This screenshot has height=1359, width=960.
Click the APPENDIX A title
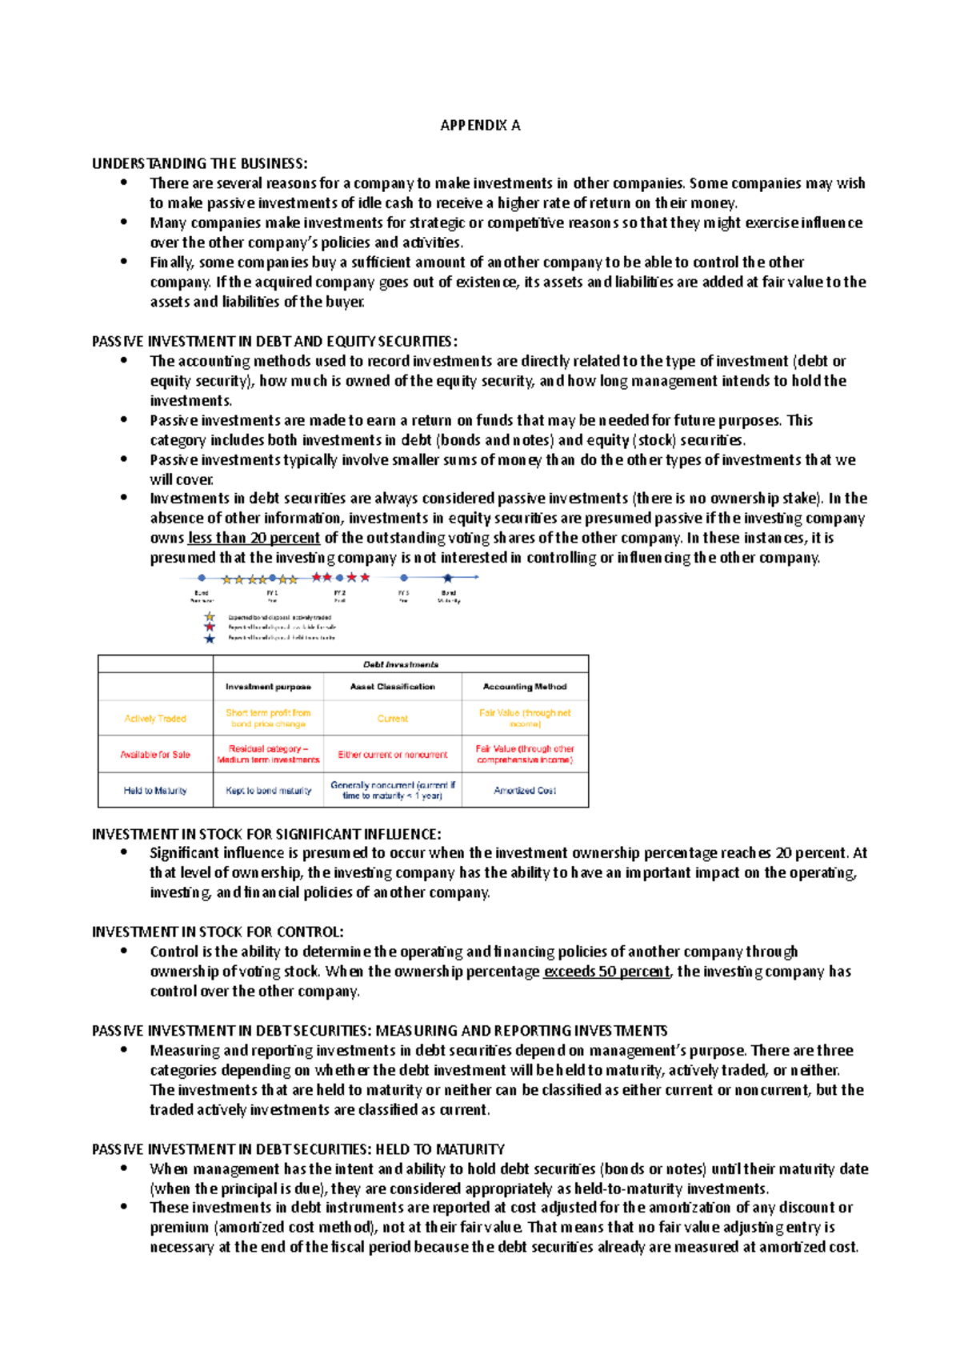point(480,125)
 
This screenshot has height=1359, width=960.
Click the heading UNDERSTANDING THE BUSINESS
point(199,163)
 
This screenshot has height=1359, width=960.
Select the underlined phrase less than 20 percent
point(254,538)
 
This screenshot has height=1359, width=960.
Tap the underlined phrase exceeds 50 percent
point(606,971)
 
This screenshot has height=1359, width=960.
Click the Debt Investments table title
point(401,664)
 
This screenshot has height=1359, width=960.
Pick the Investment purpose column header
point(268,687)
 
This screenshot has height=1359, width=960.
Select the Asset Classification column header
point(393,687)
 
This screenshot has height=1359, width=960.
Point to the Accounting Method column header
point(525,687)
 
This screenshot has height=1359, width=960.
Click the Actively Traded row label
point(155,719)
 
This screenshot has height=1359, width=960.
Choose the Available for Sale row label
point(155,755)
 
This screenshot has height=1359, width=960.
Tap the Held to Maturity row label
point(155,791)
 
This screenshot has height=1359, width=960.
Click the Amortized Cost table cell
point(525,791)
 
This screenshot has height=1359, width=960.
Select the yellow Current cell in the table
point(393,719)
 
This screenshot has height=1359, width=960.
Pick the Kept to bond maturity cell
point(268,791)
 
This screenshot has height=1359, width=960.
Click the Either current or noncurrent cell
point(393,755)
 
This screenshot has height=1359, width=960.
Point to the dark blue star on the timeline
point(448,577)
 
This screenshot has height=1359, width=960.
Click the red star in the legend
point(210,627)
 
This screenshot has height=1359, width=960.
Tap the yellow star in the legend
point(210,617)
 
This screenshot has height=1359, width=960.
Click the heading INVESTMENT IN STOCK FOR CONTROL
point(218,932)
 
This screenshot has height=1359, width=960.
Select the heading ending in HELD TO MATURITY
point(298,1149)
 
